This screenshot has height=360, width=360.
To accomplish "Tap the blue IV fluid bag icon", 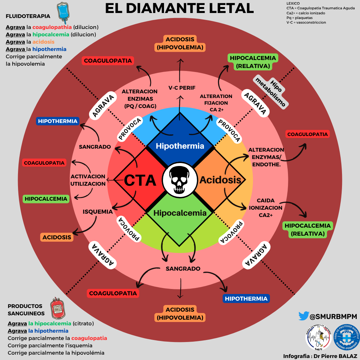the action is pos(63,12).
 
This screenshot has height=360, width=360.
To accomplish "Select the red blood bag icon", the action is pos(58,308).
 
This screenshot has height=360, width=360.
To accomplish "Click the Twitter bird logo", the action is pos(304,316).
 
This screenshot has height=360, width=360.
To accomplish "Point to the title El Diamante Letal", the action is pos(179,8).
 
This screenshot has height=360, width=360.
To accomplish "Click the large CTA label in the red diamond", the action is pos(140,180).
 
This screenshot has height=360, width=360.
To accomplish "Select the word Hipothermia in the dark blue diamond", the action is pos(180,146).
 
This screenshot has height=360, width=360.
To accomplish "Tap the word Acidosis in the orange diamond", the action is pos(220,180).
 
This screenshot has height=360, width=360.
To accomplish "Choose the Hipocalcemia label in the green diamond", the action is pos(180,213).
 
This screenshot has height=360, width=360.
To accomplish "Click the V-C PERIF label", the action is pos(182,88).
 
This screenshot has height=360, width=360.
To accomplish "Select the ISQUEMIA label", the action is pos(98,212).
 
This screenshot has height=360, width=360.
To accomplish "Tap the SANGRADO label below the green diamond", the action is pos(183,269).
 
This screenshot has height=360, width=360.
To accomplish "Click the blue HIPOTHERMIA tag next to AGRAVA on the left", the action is pos(58,121).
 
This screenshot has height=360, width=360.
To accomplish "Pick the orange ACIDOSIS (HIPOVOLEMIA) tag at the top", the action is pos(180,43).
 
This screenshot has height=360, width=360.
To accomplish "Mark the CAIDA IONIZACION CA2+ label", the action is pos(266,208).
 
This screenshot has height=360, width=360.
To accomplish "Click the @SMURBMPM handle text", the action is pos(333,317).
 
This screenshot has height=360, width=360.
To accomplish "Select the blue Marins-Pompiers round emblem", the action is pos(346,337).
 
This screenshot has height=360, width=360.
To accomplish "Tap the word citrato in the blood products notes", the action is pos(83,323).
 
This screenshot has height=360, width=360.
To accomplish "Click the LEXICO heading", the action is pos(293,3).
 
